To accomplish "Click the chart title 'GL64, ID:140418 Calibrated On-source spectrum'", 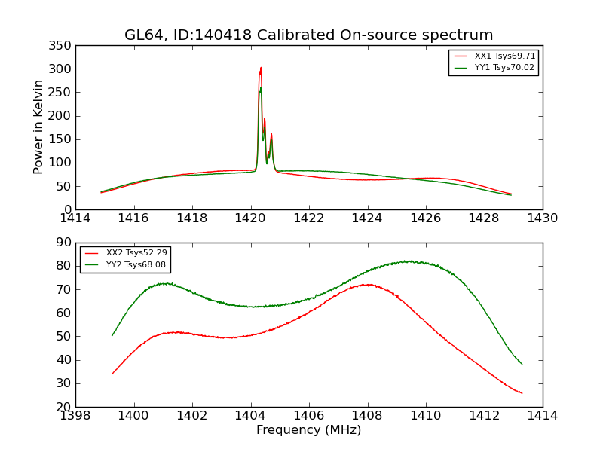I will [x=308, y=35].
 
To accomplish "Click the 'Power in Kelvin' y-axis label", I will [x=38, y=127].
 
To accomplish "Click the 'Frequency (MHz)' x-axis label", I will [x=308, y=430].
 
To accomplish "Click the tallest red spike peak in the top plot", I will [x=261, y=68].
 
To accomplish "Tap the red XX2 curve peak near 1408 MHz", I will [x=367, y=284].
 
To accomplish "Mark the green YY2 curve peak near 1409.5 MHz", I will [x=409, y=261].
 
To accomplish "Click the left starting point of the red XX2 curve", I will [x=112, y=374].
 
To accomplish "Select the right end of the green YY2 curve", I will [x=522, y=364].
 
